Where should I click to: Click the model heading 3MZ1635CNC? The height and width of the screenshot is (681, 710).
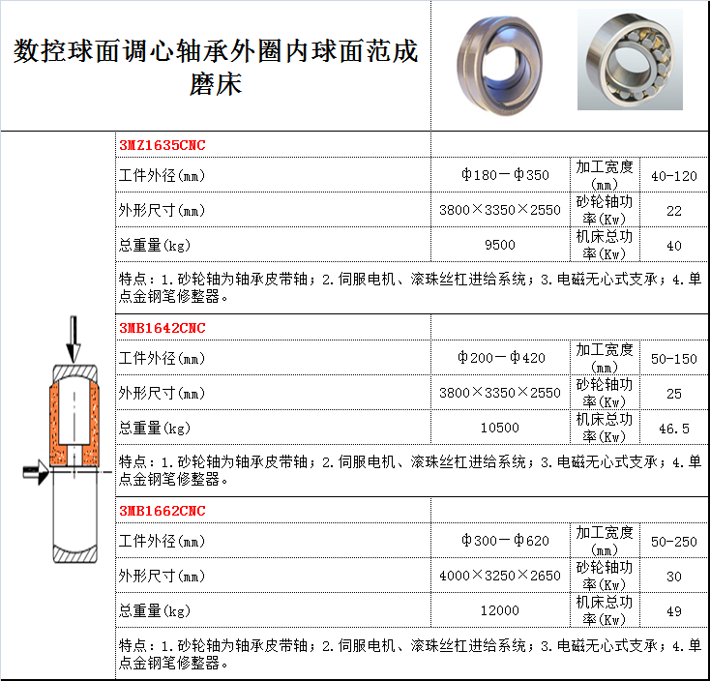click(163, 145)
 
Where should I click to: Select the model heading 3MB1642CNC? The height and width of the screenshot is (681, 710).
click(163, 328)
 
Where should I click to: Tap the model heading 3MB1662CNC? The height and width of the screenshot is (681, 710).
click(163, 511)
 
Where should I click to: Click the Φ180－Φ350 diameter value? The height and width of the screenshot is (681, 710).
click(505, 175)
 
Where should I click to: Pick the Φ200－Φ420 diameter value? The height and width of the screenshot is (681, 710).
click(501, 358)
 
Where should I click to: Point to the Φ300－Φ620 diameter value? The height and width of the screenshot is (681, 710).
click(505, 541)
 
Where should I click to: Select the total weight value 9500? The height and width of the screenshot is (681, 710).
click(500, 245)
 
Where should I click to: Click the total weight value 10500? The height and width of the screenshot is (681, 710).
click(500, 428)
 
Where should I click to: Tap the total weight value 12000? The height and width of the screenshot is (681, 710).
click(500, 610)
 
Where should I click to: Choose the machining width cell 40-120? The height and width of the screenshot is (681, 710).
click(674, 176)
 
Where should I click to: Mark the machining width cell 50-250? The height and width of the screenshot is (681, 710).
click(674, 542)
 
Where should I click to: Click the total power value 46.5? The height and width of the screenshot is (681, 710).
click(674, 429)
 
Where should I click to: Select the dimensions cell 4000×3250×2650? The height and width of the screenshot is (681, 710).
click(500, 576)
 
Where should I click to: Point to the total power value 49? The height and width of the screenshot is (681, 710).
click(674, 611)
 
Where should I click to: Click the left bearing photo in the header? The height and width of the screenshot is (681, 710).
click(499, 66)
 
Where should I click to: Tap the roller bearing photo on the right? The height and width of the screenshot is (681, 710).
click(630, 60)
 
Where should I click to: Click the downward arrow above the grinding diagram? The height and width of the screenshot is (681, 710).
click(73, 340)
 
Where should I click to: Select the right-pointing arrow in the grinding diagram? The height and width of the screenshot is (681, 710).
click(36, 472)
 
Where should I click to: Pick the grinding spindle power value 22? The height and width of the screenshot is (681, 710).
click(674, 211)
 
